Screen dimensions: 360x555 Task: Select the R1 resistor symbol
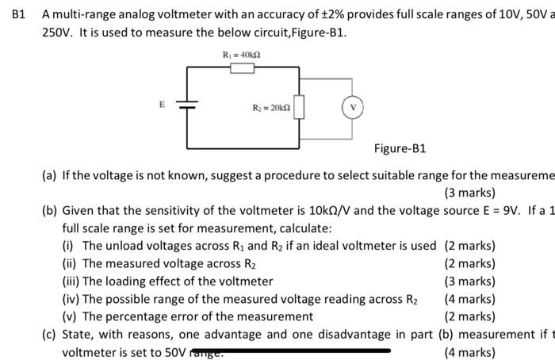[x=242, y=69]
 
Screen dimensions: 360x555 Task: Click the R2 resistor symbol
[x=300, y=105]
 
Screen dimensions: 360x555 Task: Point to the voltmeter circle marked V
[x=352, y=106]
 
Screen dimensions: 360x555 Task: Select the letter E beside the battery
[x=162, y=103]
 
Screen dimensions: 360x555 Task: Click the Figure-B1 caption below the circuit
[x=400, y=148]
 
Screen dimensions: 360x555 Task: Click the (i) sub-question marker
[x=68, y=246]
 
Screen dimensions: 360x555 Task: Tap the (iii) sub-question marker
[x=71, y=281]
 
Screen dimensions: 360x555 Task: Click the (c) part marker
[x=49, y=334]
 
